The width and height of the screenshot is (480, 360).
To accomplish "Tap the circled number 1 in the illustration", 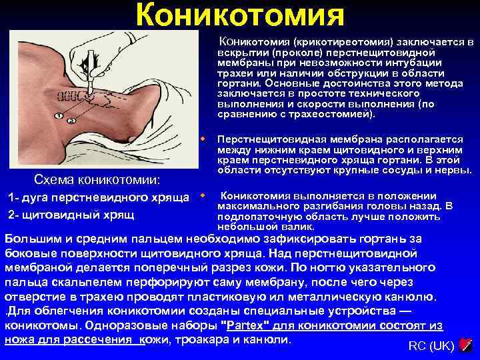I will [x=59, y=115].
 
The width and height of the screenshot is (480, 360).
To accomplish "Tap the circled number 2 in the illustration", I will [x=71, y=120].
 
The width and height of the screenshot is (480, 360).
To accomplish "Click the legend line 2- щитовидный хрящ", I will [x=70, y=214].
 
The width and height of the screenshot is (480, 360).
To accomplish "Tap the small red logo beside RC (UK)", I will [x=467, y=345].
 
